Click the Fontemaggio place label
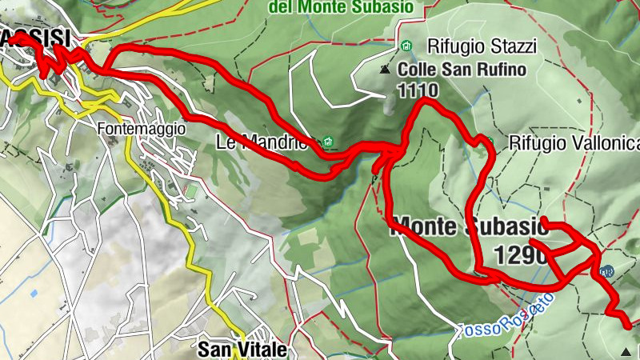(x=142, y=128)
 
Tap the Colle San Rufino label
(x=462, y=70)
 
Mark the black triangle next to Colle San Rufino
(x=386, y=70)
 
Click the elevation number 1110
(x=418, y=90)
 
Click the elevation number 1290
(x=521, y=255)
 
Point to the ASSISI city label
(x=36, y=37)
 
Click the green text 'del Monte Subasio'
(x=352, y=7)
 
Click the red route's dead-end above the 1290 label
(x=544, y=219)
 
